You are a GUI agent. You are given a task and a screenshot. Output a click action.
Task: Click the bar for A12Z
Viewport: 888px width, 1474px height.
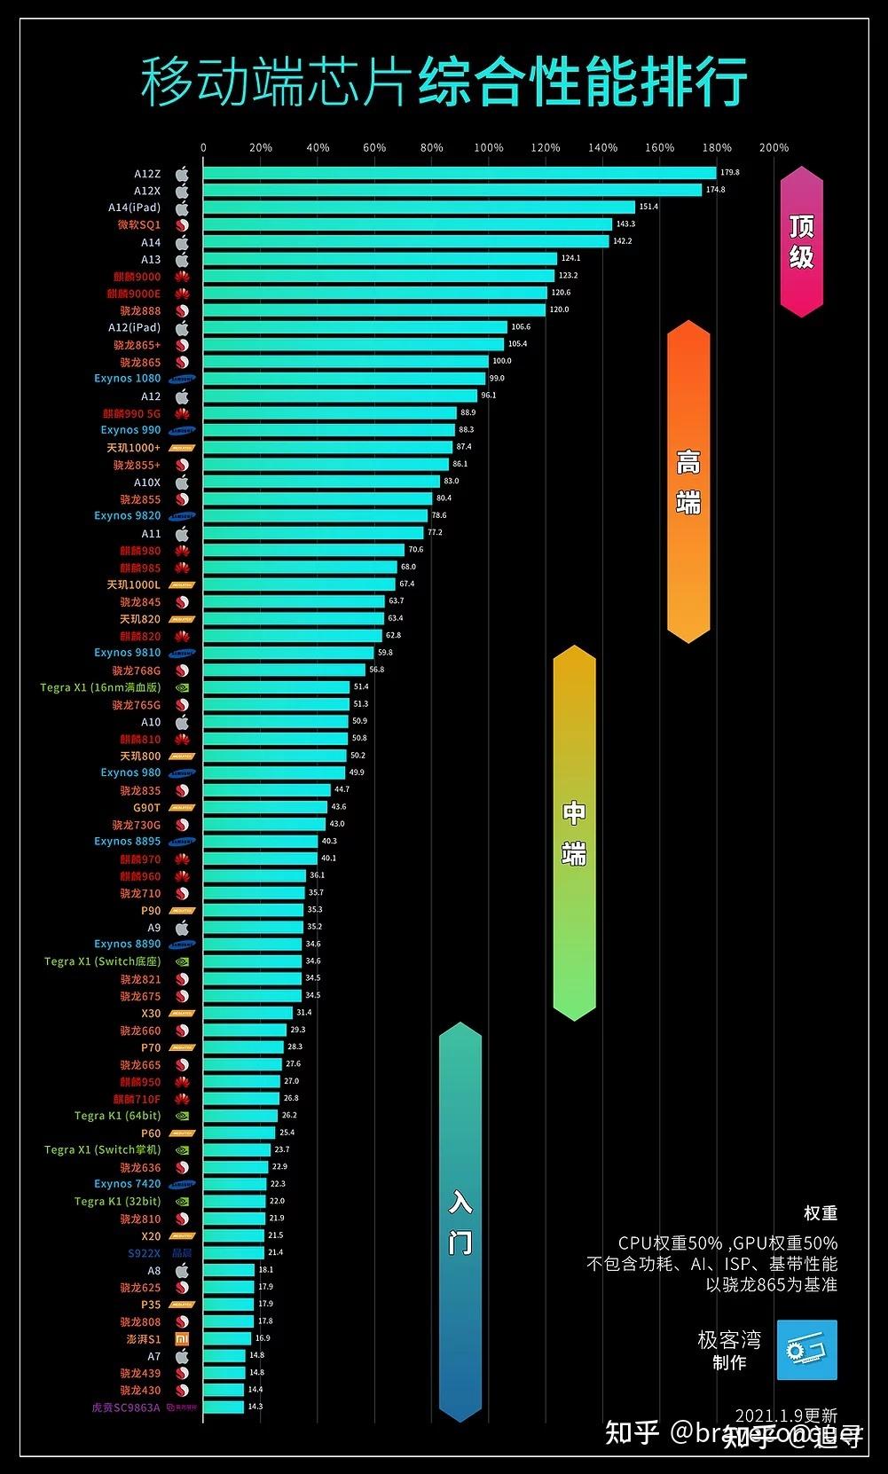click(x=459, y=173)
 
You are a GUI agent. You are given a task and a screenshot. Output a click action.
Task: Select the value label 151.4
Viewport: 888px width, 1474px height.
click(x=648, y=207)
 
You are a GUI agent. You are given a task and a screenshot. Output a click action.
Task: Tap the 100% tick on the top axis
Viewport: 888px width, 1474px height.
click(x=488, y=148)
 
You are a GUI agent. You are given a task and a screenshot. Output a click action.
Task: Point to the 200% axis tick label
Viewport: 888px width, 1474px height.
click(x=774, y=148)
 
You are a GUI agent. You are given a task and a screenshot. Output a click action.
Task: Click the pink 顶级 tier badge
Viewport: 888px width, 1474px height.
click(x=801, y=241)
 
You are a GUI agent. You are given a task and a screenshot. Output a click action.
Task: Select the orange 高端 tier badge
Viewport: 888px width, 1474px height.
click(x=688, y=482)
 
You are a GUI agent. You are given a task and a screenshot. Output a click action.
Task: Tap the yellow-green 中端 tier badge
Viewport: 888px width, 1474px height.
click(x=574, y=833)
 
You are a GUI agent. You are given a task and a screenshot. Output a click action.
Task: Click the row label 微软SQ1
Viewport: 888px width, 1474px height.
click(x=139, y=225)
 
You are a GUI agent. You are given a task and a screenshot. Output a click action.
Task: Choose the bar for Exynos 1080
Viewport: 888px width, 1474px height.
click(x=344, y=379)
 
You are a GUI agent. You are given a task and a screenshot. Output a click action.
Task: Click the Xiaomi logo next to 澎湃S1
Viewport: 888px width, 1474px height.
click(x=181, y=1339)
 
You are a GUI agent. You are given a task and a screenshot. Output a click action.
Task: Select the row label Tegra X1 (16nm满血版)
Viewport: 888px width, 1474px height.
click(x=100, y=687)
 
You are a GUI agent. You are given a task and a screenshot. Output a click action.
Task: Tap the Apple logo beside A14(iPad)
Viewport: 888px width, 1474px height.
click(x=182, y=208)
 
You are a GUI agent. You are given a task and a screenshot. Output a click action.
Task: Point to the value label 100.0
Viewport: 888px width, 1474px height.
click(x=502, y=361)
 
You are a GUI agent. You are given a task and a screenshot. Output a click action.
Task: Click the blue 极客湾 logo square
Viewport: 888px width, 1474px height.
click(x=806, y=1350)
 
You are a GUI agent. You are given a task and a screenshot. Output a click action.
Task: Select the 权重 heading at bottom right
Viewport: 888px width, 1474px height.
click(x=820, y=1213)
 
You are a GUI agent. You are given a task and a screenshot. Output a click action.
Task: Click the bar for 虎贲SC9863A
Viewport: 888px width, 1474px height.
click(x=223, y=1407)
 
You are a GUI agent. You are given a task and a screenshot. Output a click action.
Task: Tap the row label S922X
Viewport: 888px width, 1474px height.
click(x=144, y=1253)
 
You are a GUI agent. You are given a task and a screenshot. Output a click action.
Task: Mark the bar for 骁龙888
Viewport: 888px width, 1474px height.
click(x=373, y=310)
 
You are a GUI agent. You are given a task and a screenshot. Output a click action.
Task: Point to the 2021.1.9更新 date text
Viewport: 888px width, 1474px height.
click(x=786, y=1416)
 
